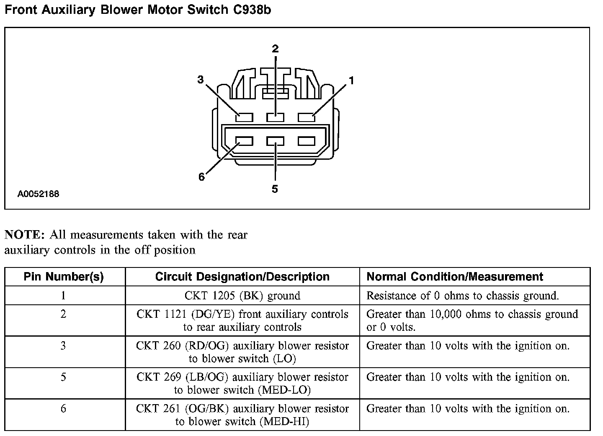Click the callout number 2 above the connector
(275, 49)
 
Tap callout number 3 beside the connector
(201, 79)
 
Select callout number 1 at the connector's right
(351, 80)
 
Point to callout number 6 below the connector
(201, 177)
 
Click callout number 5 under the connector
(275, 189)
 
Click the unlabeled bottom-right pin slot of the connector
(307, 141)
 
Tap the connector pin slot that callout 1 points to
(307, 117)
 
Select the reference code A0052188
(38, 194)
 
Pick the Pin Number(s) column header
(64, 277)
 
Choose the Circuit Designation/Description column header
(242, 277)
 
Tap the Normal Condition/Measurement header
(455, 277)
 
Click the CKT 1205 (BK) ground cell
(242, 296)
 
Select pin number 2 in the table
(63, 314)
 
